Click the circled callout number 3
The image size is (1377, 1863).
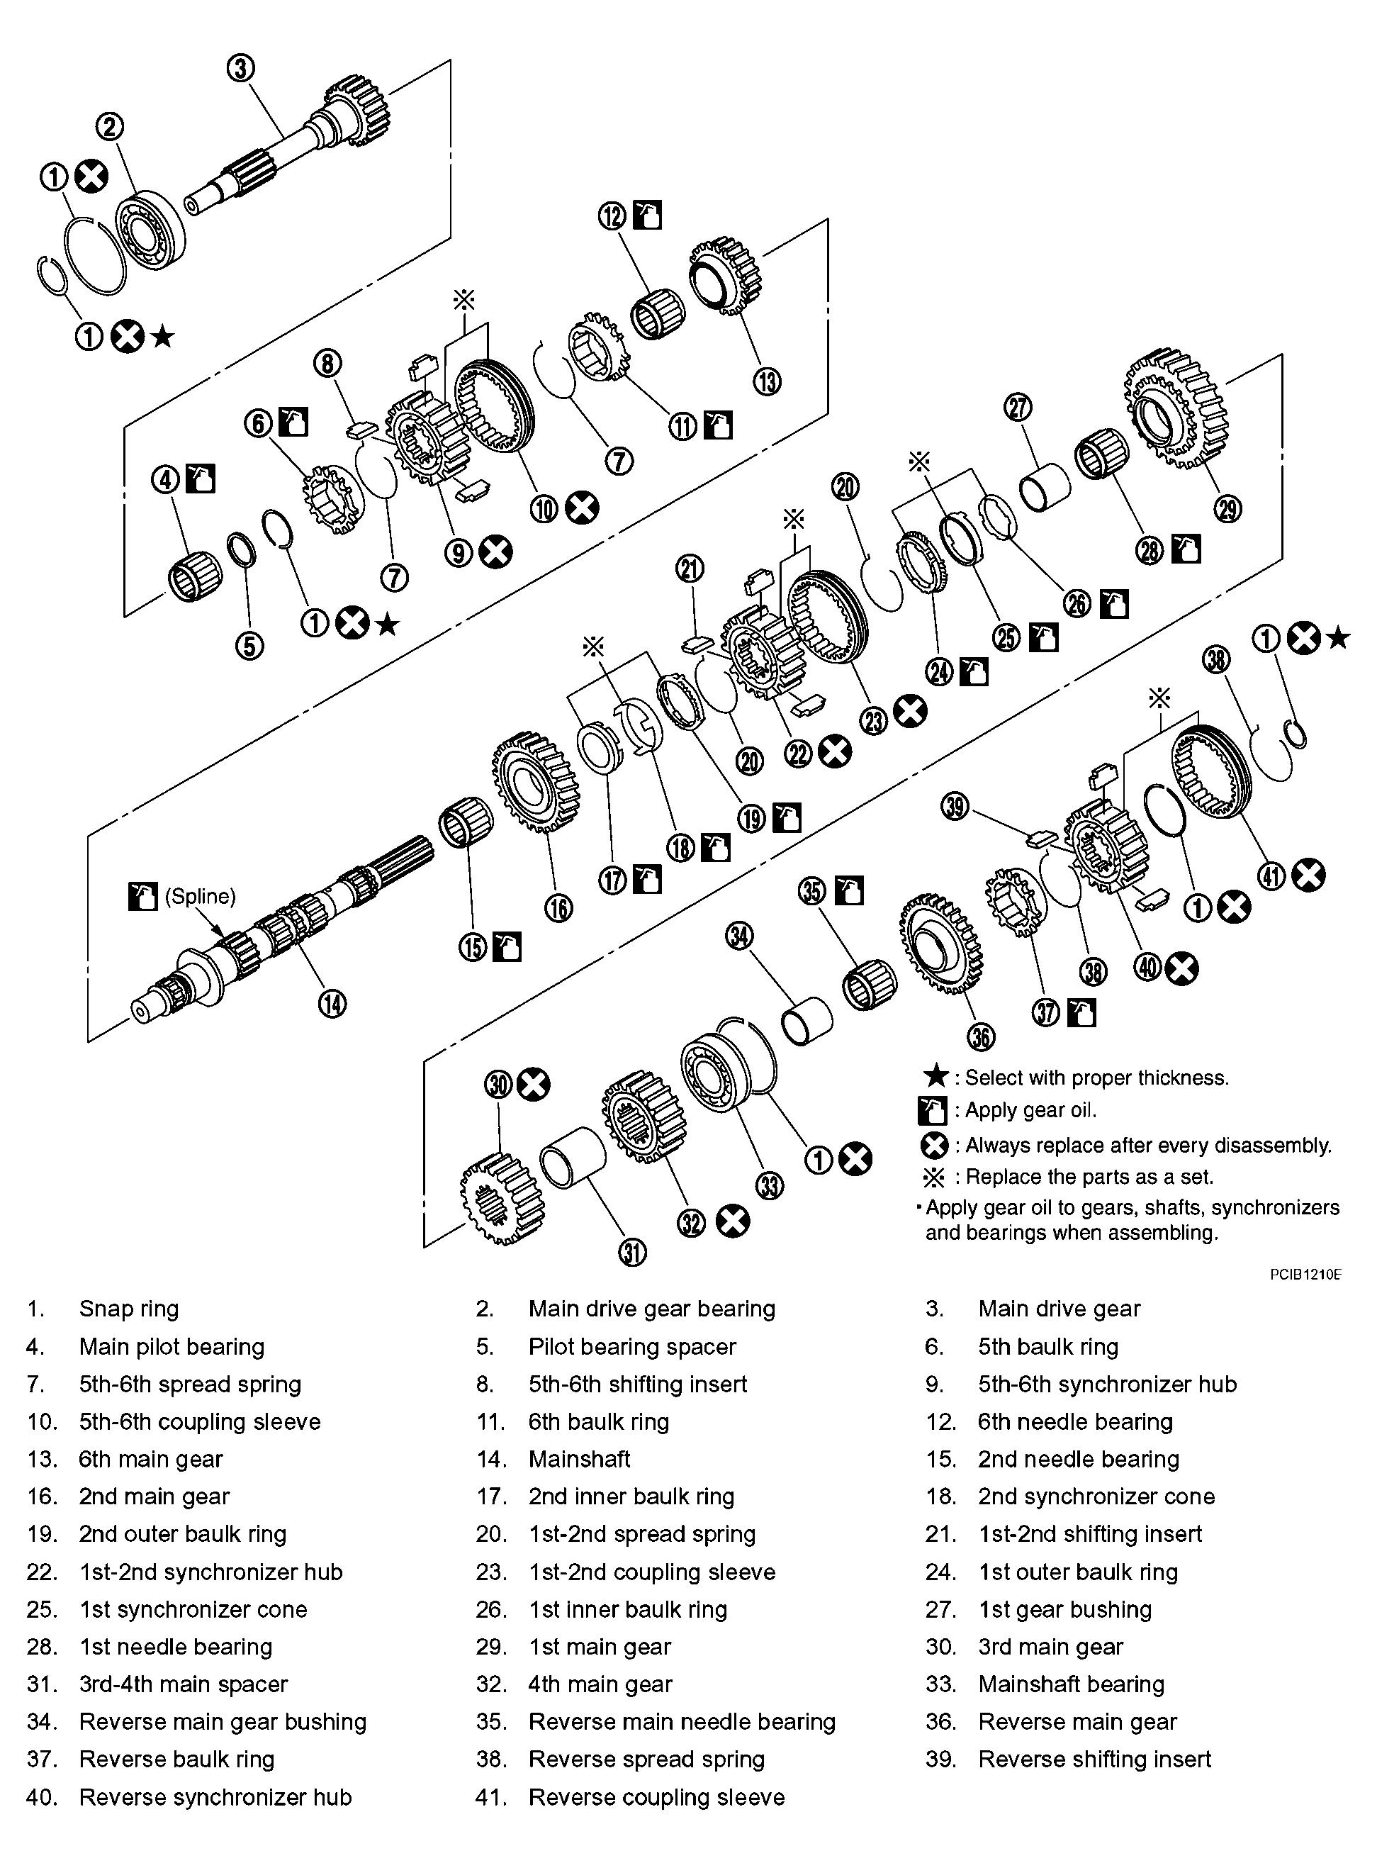(241, 67)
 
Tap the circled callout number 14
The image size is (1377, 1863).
(332, 1005)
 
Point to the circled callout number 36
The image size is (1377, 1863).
(981, 1037)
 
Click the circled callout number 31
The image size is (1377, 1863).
(633, 1253)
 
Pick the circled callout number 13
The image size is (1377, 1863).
(767, 382)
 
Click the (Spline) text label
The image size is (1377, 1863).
(200, 897)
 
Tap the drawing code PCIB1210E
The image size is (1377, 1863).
(1305, 1275)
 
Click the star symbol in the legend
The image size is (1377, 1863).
(937, 1076)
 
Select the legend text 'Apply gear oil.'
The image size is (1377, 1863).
(1030, 1110)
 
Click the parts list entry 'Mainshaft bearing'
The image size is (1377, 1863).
(1070, 1684)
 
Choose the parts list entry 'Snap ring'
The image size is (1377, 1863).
(128, 1309)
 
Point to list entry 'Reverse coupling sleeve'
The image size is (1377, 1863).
(656, 1797)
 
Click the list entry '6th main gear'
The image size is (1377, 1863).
(150, 1459)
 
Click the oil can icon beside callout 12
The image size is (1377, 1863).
(648, 215)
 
